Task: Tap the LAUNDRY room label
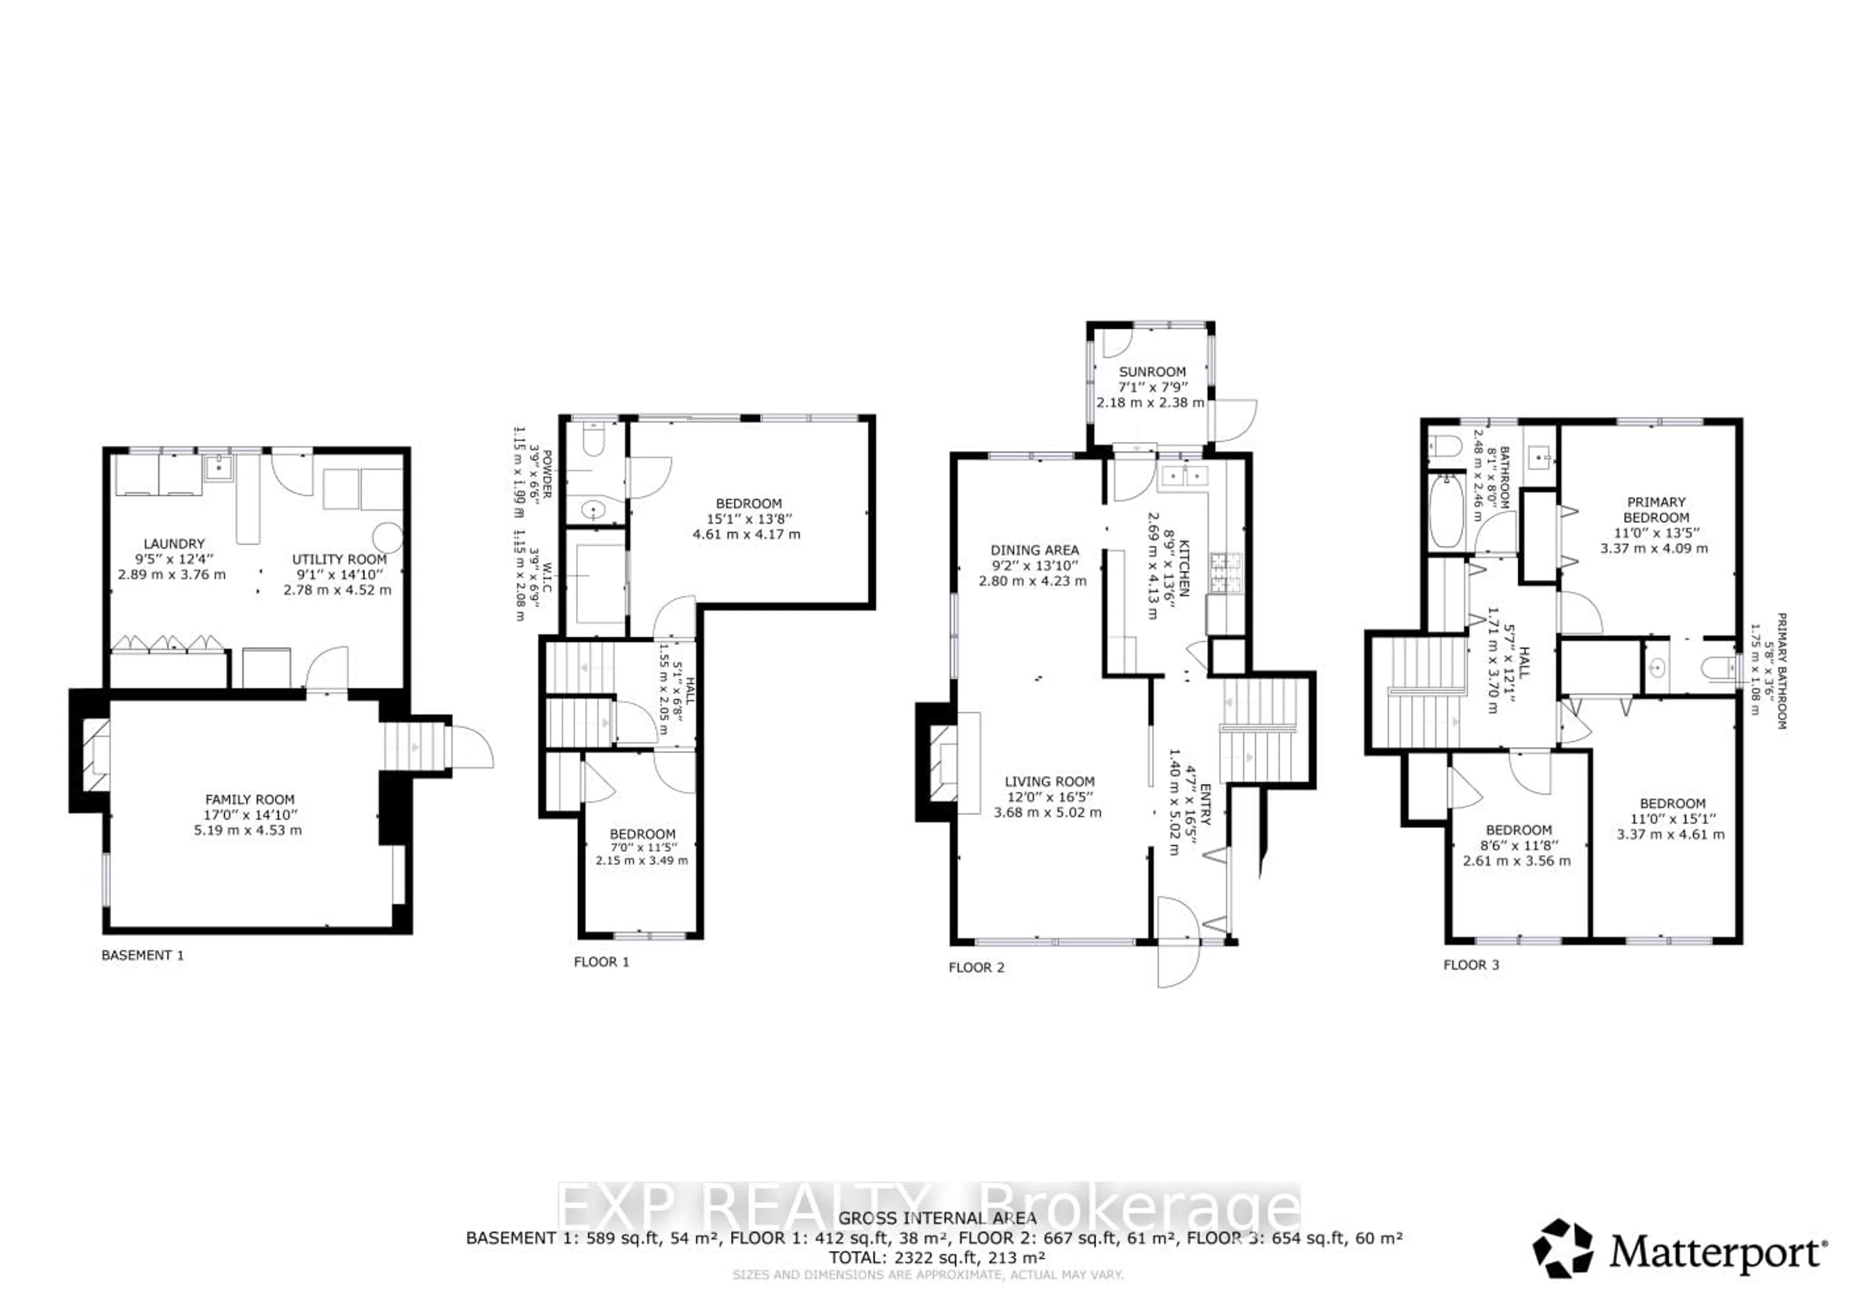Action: click(x=174, y=544)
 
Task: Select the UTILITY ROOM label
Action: click(x=339, y=559)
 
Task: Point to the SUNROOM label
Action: click(x=1152, y=372)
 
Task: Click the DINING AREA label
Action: click(x=1034, y=550)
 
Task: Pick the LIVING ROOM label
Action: click(x=1049, y=782)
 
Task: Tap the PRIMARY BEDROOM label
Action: click(x=1656, y=510)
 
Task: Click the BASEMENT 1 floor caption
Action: click(x=142, y=955)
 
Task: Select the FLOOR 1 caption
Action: click(x=601, y=962)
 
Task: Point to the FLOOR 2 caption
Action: click(x=976, y=967)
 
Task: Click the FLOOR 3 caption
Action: click(x=1471, y=965)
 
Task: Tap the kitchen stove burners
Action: click(x=1225, y=573)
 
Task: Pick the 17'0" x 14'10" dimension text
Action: click(x=251, y=815)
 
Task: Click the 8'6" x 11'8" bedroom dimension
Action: click(x=1518, y=846)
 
